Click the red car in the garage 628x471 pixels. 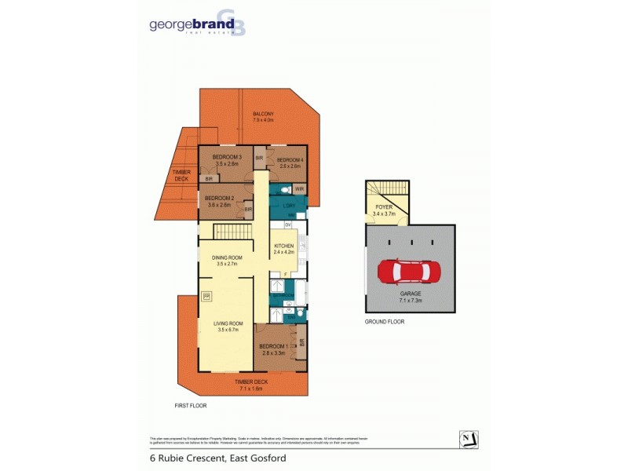409,272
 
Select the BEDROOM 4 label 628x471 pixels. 289,160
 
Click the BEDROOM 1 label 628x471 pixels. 274,346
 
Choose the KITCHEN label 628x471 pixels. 283,246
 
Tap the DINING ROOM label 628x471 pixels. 227,257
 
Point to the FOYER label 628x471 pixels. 384,207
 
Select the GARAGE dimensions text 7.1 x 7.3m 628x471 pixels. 410,300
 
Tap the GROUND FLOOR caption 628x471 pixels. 385,322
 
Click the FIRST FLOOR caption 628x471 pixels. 190,405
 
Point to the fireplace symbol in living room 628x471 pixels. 207,296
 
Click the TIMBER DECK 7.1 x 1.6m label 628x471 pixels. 252,385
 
